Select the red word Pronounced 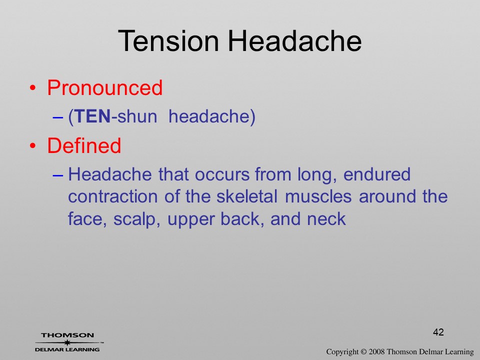click(x=104, y=87)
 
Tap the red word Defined click(x=84, y=145)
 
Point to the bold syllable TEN click(x=92, y=116)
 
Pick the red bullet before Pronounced click(x=33, y=88)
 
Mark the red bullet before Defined click(x=33, y=146)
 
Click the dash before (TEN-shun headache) click(x=57, y=117)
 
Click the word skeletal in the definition click(x=246, y=196)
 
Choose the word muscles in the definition click(x=318, y=196)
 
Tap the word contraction click(x=112, y=196)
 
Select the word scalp click(x=136, y=219)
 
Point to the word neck click(x=326, y=219)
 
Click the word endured click(x=377, y=174)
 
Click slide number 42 click(x=438, y=332)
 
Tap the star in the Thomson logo click(x=67, y=342)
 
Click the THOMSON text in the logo click(x=67, y=335)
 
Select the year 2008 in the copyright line click(x=376, y=352)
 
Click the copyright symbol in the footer click(x=363, y=352)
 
